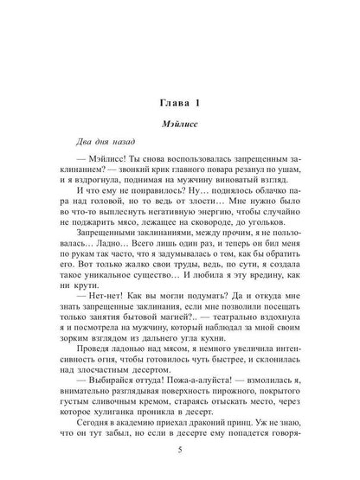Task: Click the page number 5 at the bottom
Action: pyautogui.click(x=179, y=449)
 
